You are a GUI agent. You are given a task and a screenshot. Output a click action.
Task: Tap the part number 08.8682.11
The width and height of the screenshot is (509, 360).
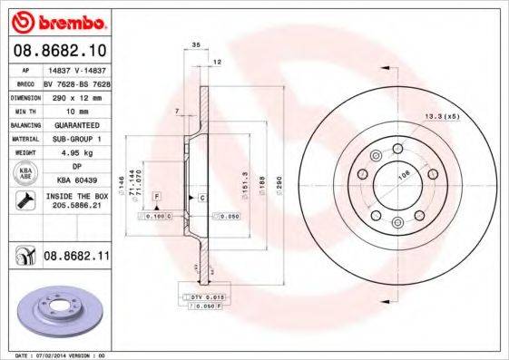[x=77, y=257]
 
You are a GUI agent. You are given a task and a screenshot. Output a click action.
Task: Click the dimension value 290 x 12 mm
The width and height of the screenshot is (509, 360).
[x=76, y=95]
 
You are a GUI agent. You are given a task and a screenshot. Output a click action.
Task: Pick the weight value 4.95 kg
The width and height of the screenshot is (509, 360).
[x=76, y=153]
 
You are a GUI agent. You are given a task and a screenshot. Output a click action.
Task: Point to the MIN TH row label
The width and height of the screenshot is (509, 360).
[x=24, y=109]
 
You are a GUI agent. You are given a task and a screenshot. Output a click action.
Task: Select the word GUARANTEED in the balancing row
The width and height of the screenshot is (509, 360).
[x=76, y=124]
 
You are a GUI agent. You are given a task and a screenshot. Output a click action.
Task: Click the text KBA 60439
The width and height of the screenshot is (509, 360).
[x=76, y=180]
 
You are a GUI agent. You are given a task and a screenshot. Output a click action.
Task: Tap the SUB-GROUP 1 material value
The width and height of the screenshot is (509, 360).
[x=76, y=139]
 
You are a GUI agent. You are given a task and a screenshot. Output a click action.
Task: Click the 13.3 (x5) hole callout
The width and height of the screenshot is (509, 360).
[x=442, y=116]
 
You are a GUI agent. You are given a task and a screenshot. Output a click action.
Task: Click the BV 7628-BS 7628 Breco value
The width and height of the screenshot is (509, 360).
[x=77, y=82]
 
